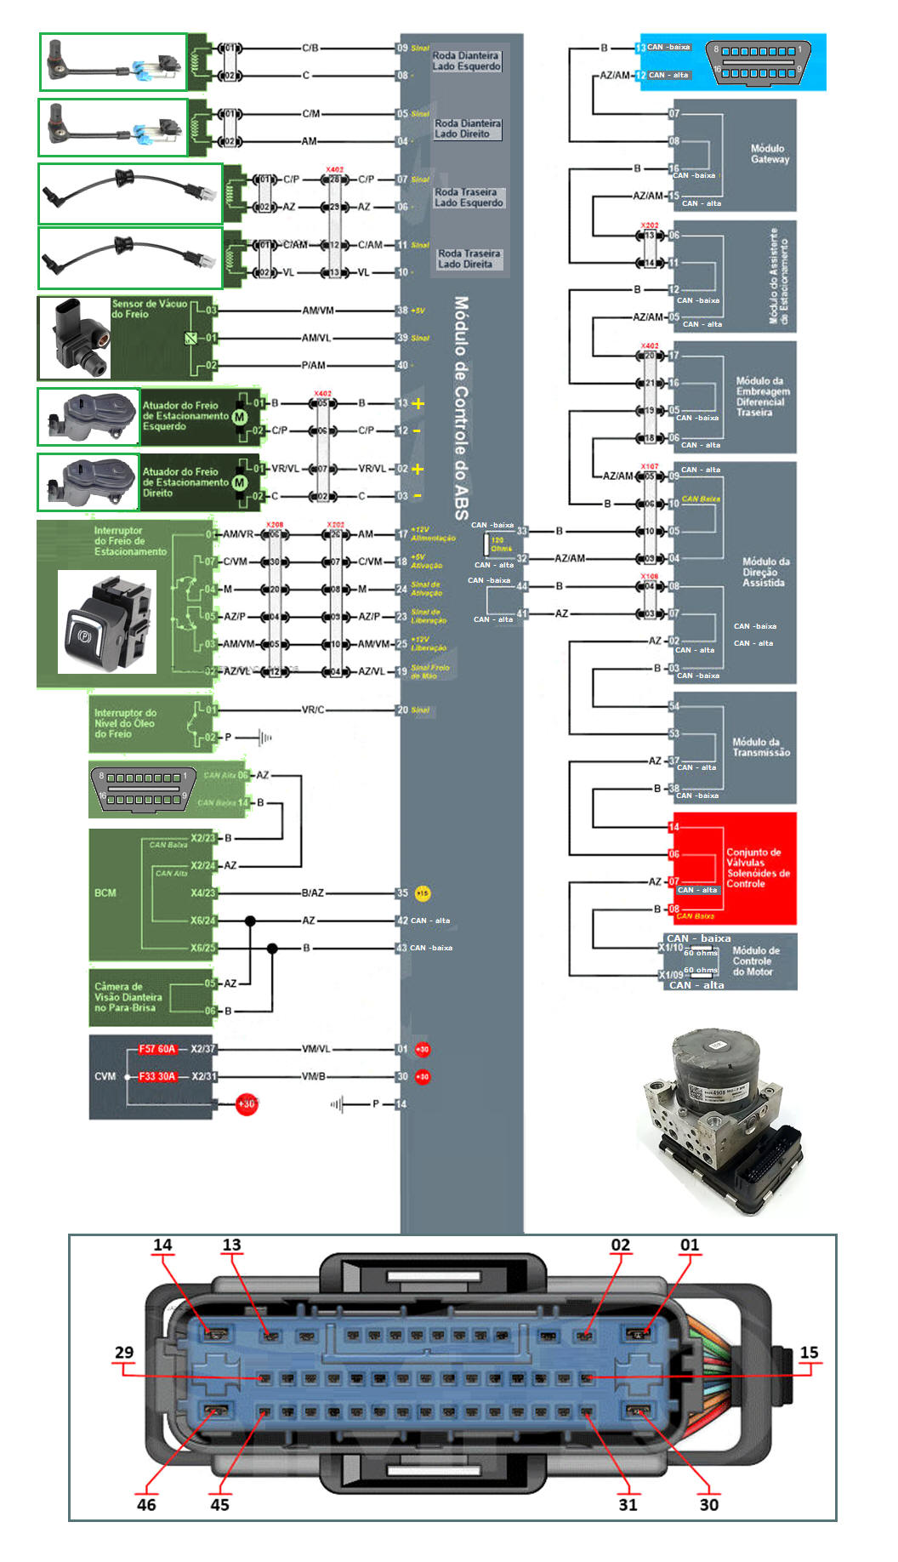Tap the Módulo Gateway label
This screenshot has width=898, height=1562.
point(769,154)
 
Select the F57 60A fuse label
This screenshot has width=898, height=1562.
point(156,1049)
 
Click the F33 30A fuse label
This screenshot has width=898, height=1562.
point(156,1076)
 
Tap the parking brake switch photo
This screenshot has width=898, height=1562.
point(106,622)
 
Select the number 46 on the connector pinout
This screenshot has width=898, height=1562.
point(146,1504)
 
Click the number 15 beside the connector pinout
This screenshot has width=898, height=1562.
point(809,1352)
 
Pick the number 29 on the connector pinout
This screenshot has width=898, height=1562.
point(124,1352)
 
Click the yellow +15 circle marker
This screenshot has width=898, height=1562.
point(423,893)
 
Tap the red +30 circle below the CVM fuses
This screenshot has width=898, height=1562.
point(246,1104)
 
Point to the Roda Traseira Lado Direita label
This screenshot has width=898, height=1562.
point(469,259)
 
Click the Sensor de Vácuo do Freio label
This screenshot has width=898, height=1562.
point(149,309)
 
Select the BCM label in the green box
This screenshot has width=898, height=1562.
point(105,892)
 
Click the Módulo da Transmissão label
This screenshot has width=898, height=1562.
point(760,747)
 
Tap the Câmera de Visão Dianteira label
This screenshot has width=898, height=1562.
point(128,997)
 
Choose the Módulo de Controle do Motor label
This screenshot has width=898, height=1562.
point(755,961)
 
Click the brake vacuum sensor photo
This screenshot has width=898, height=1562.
point(75,338)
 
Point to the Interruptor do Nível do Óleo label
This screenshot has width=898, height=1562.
point(125,723)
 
